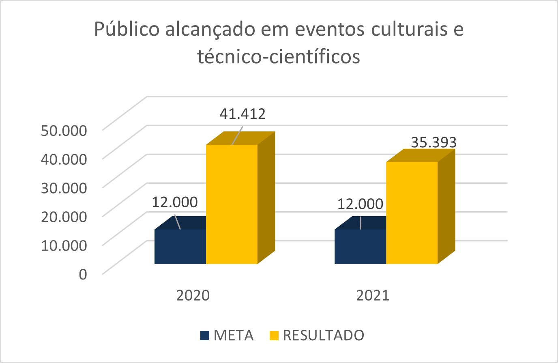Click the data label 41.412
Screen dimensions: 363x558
[243, 114]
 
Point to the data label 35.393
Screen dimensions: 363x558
[434, 142]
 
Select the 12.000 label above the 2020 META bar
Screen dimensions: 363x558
[175, 202]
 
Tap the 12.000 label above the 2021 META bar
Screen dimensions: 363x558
[360, 204]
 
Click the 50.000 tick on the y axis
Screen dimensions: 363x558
[64, 131]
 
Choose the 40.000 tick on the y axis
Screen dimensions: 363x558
[64, 159]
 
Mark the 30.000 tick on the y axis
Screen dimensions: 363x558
[64, 188]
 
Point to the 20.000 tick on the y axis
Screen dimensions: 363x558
[64, 216]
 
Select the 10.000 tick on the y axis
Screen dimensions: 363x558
[64, 245]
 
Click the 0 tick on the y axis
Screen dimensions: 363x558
[83, 274]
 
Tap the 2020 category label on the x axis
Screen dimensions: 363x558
[193, 295]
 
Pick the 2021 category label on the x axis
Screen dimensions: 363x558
[373, 295]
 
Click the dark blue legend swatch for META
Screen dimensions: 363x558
[205, 335]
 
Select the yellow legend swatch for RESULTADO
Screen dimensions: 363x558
[274, 335]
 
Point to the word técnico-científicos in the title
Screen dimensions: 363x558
[279, 57]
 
